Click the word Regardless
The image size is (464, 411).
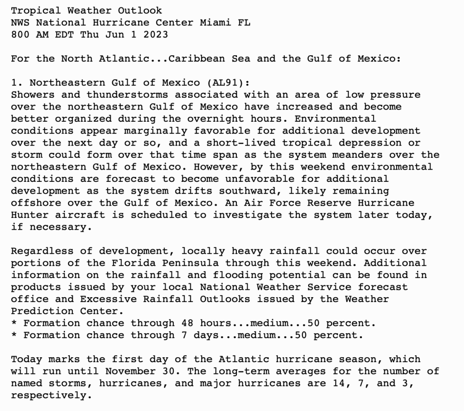(42, 251)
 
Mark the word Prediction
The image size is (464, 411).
(42, 311)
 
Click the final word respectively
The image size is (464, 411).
(48, 395)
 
